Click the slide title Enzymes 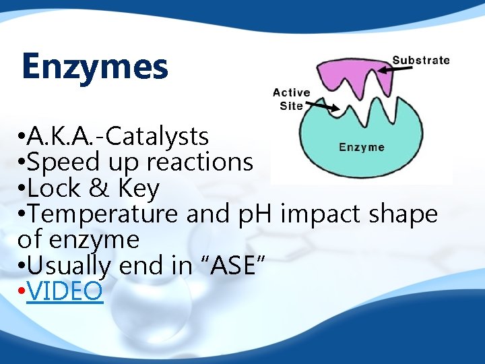point(94,67)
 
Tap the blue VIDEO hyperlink point(65,291)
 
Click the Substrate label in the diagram point(421,60)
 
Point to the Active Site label point(291,99)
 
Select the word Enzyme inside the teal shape point(361,147)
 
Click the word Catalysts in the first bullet point(157,137)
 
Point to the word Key point(138,188)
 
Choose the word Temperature point(102,214)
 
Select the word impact point(316,214)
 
